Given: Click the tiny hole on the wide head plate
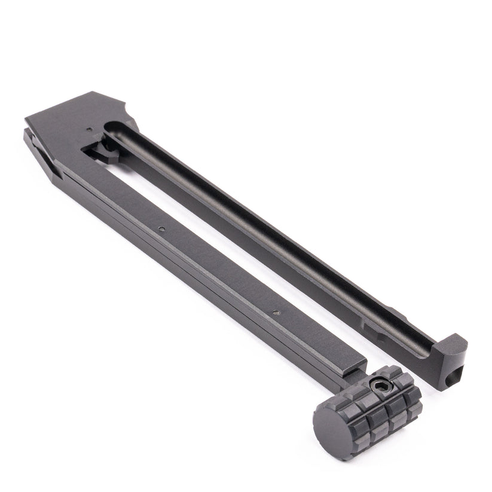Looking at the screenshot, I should click(x=89, y=128).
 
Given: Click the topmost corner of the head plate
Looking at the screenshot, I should click(x=96, y=92).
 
